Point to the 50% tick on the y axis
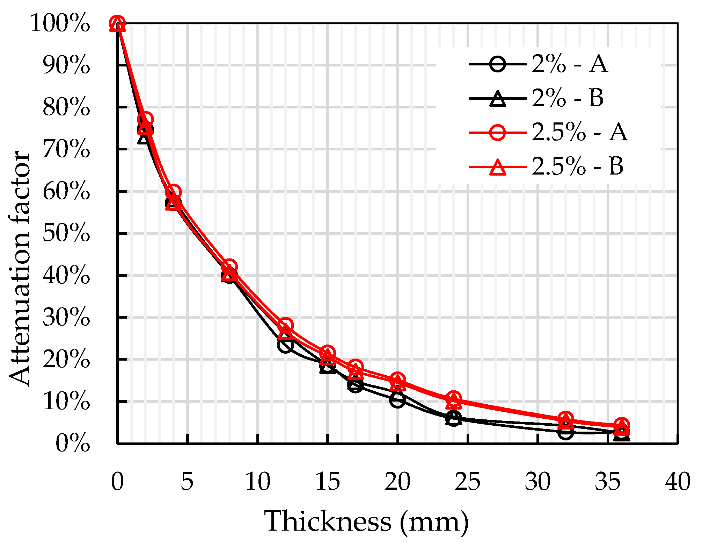pos(66,233)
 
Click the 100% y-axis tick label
pos(60,24)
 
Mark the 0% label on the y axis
pos(72,444)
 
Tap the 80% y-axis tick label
pos(66,107)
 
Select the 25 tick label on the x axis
pos(468,482)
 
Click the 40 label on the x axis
pos(678,482)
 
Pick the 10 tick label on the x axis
pos(258,482)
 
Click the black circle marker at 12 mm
pos(285,346)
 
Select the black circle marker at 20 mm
pos(397,399)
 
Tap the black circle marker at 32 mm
pos(565,432)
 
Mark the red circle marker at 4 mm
pos(173,192)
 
